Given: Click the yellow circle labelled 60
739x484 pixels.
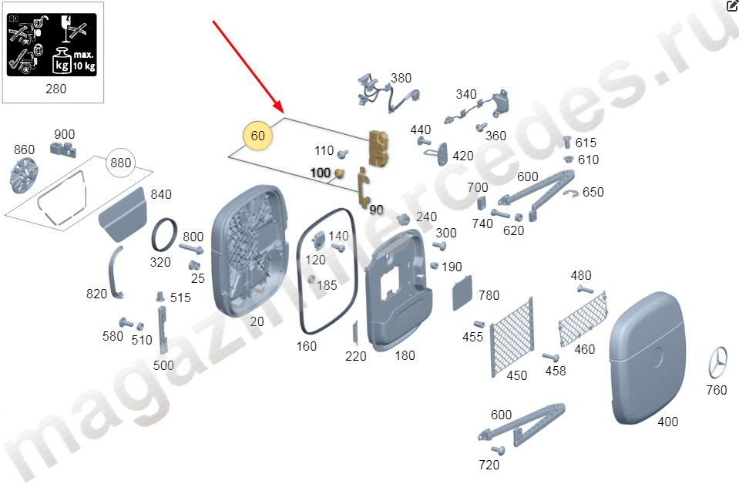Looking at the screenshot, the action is coord(258,136).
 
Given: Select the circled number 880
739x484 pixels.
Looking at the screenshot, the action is coord(121,163).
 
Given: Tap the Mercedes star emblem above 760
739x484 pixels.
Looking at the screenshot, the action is coord(717,362).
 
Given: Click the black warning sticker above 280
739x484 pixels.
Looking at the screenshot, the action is coord(52,45).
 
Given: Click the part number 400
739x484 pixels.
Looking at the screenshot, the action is coord(668,422).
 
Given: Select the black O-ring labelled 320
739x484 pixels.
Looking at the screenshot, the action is coord(164,236).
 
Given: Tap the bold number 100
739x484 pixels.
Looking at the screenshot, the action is coord(321,173).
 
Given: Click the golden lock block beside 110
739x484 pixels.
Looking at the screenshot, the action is coord(379,149).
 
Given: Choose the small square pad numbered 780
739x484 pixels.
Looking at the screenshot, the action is coord(462,293).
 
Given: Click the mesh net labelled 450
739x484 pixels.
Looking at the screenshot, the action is coord(512,337).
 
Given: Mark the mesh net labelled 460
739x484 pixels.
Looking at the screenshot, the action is coord(583,318).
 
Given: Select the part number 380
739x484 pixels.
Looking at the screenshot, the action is coord(401,79).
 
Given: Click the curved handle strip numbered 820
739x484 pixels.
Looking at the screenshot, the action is coord(115,274).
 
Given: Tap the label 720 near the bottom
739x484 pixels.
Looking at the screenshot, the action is coord(489,465).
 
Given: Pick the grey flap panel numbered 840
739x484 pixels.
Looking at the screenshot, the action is coord(123,214).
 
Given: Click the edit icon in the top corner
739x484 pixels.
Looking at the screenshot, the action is coord(732,5).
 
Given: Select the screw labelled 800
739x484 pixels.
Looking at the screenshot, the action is coord(191,248).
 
